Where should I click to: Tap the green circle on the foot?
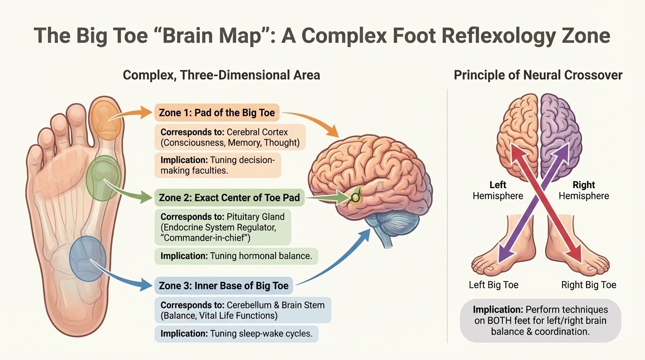(x=104, y=178)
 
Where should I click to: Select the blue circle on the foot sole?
(x=88, y=259)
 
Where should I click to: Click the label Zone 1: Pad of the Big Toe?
(x=217, y=112)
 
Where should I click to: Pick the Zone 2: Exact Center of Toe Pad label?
(x=230, y=197)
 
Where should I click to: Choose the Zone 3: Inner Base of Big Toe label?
(x=224, y=285)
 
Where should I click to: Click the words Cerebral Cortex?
(x=257, y=132)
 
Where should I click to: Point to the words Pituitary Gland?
(x=255, y=217)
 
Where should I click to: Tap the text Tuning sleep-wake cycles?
(x=262, y=333)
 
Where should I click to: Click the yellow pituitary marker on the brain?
(x=356, y=197)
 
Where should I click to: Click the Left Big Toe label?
(x=494, y=285)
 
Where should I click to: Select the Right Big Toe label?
(x=589, y=285)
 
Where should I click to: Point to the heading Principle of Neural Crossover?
(x=538, y=75)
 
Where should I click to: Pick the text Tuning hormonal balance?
(x=261, y=256)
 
